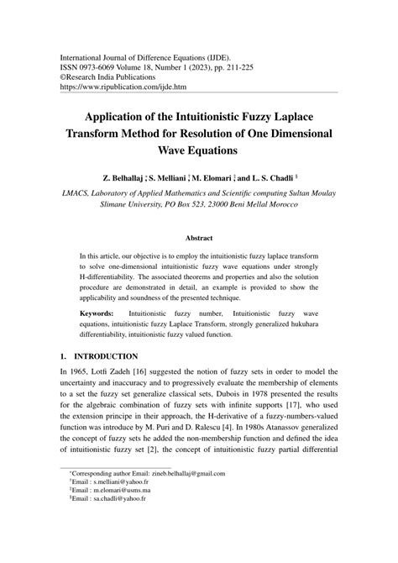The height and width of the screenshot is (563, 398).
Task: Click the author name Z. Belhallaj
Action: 133,179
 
